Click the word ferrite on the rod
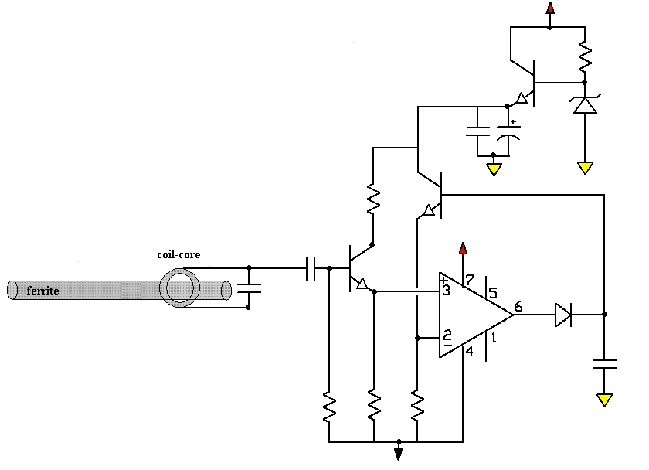42,291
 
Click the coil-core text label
178,254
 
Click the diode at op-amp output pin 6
563,315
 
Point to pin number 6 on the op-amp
518,307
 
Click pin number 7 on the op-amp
469,281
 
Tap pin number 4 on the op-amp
470,351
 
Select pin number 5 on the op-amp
493,293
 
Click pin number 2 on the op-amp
447,334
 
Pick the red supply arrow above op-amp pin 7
463,248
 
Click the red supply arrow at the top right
550,8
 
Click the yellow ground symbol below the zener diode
585,168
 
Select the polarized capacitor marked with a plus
508,131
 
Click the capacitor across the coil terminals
249,288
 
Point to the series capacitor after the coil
311,268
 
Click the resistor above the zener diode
585,56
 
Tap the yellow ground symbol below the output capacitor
604,400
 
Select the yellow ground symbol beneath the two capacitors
494,169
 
